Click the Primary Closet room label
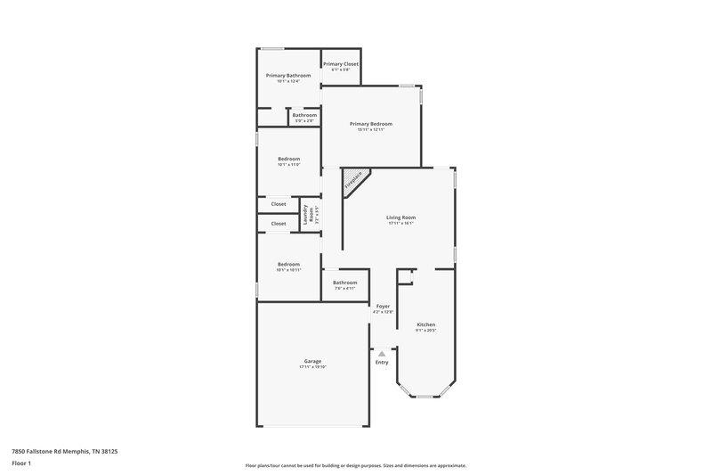point(341,64)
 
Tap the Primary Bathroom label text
point(288,76)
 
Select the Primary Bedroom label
point(370,124)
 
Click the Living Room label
point(400,217)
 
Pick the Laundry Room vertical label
point(308,214)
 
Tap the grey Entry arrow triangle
point(382,354)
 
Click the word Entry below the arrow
point(382,363)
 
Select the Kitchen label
point(425,324)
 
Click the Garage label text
point(311,361)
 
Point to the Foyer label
point(383,306)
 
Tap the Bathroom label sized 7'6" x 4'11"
point(344,283)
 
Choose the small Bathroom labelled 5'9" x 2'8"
point(304,115)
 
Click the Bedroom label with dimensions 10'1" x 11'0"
point(288,159)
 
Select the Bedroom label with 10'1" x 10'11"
point(288,264)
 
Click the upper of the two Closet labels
point(279,204)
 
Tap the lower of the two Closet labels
point(279,224)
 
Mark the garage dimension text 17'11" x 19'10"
point(311,367)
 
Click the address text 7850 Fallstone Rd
point(64,452)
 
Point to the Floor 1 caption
point(21,463)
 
